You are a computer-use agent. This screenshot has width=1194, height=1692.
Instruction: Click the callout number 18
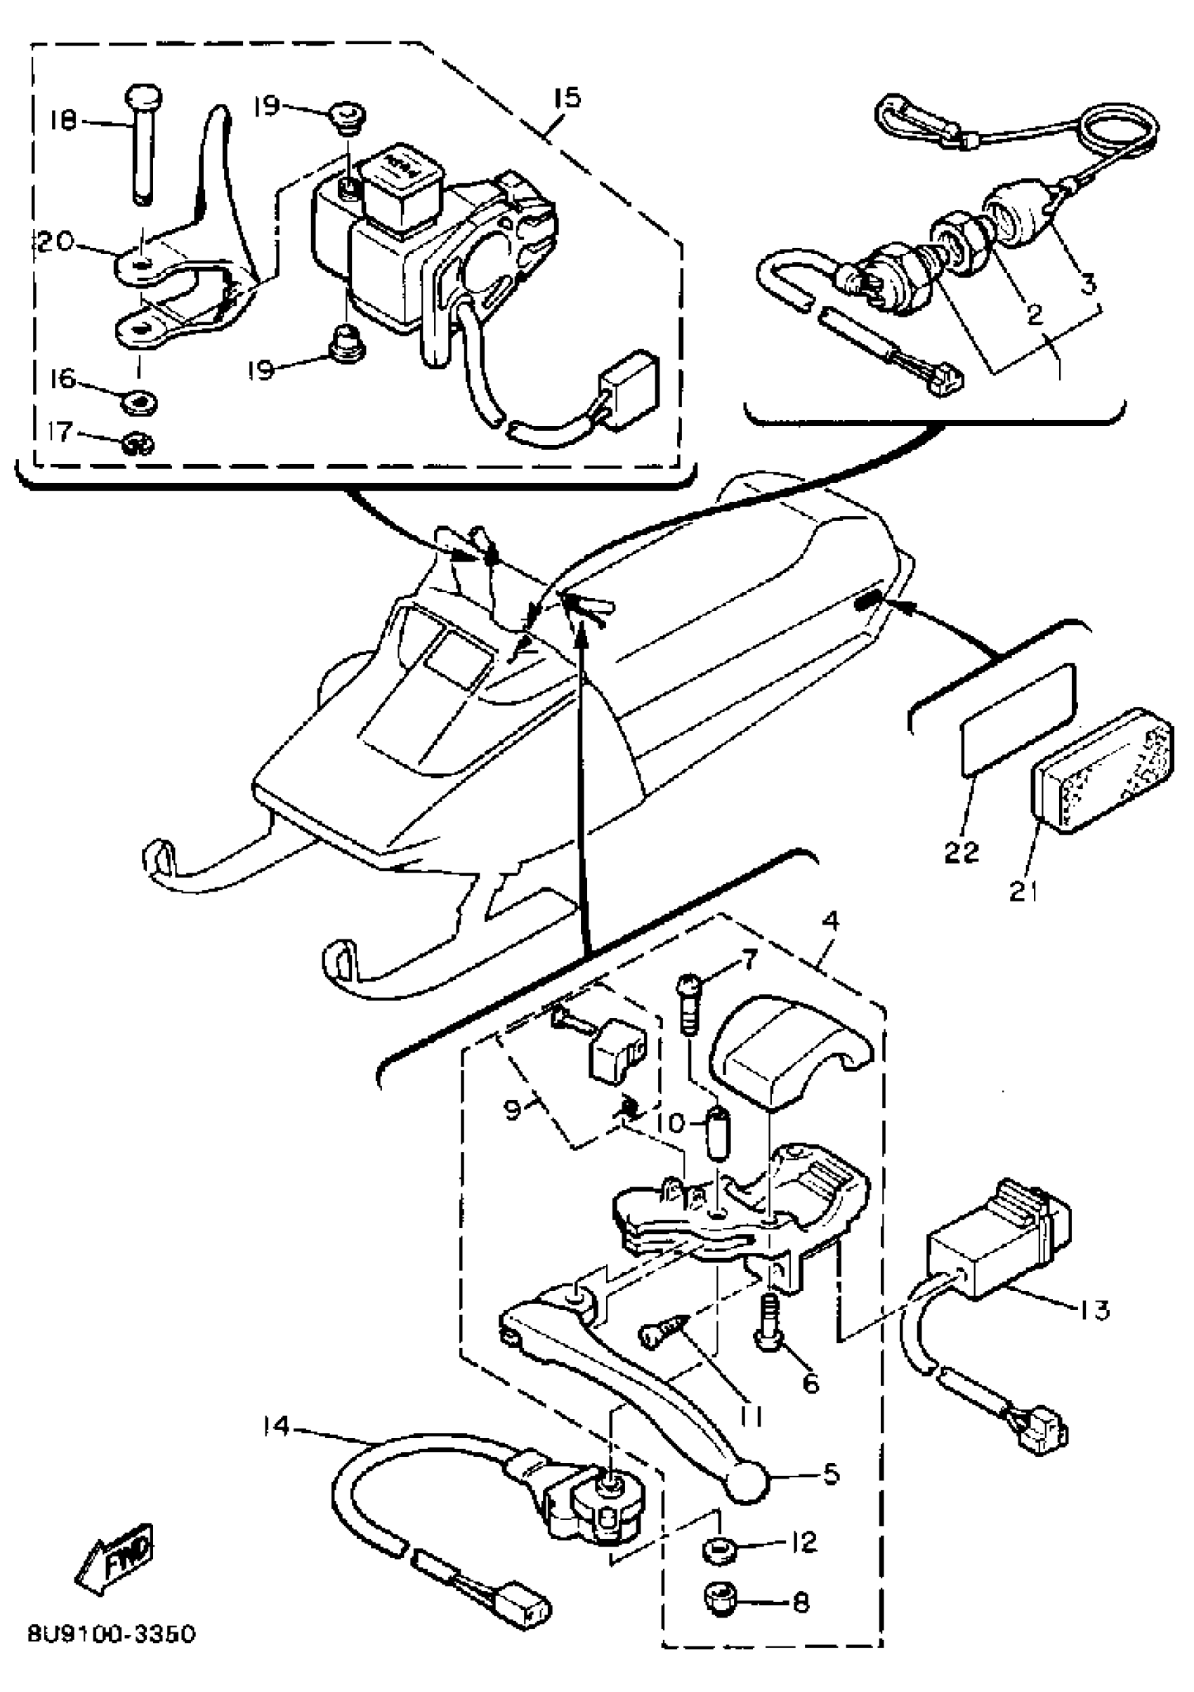pyautogui.click(x=64, y=121)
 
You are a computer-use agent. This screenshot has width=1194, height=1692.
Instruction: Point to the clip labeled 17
pyautogui.click(x=138, y=444)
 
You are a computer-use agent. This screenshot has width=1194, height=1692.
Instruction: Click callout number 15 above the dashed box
pyautogui.click(x=568, y=98)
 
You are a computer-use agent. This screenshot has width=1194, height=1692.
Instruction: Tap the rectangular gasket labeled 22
pyautogui.click(x=1017, y=718)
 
